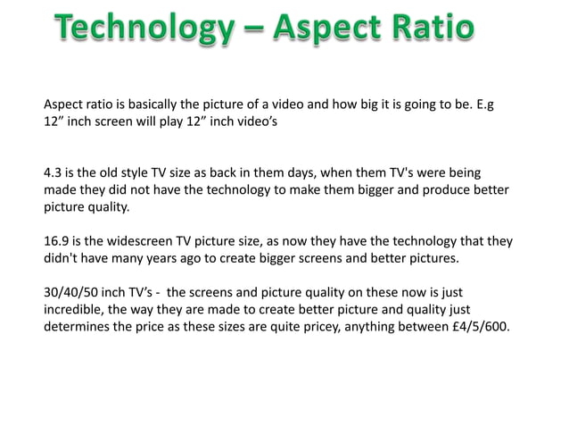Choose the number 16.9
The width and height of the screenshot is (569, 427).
[x=58, y=241]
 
